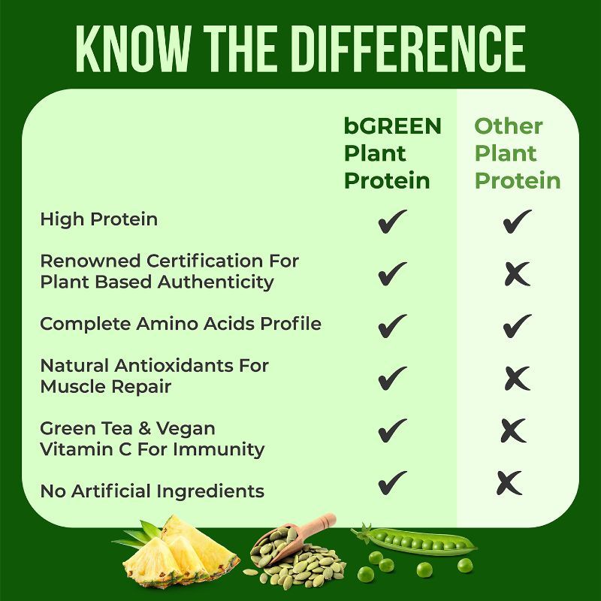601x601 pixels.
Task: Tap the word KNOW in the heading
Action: [133, 49]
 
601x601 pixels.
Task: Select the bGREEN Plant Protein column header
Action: [392, 153]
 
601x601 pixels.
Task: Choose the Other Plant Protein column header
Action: [518, 153]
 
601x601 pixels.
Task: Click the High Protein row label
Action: [99, 219]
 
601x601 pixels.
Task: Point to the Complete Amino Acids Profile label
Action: [180, 324]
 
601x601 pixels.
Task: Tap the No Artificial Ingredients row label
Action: [153, 491]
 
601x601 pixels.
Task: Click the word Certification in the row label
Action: [205, 261]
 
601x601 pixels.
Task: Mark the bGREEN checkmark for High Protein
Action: [392, 221]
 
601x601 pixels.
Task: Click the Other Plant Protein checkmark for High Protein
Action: [517, 221]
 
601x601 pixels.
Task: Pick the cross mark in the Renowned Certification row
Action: [518, 273]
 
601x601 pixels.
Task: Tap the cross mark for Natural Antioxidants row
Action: [518, 379]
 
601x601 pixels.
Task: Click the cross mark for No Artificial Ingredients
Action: [509, 482]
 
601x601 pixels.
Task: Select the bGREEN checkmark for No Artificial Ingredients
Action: [392, 482]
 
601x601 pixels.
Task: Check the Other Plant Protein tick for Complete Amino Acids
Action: [517, 326]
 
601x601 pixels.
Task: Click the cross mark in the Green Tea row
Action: [514, 430]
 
